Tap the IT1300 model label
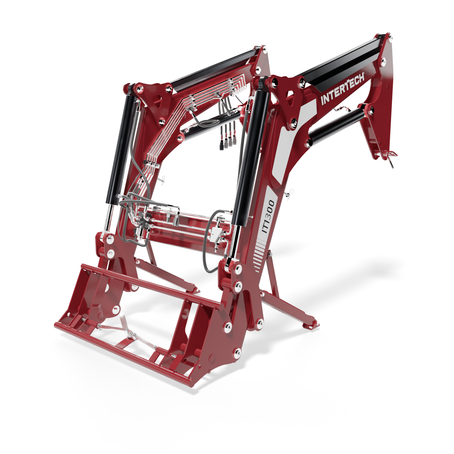pos(268,216)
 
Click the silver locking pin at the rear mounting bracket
pos(391,159)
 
